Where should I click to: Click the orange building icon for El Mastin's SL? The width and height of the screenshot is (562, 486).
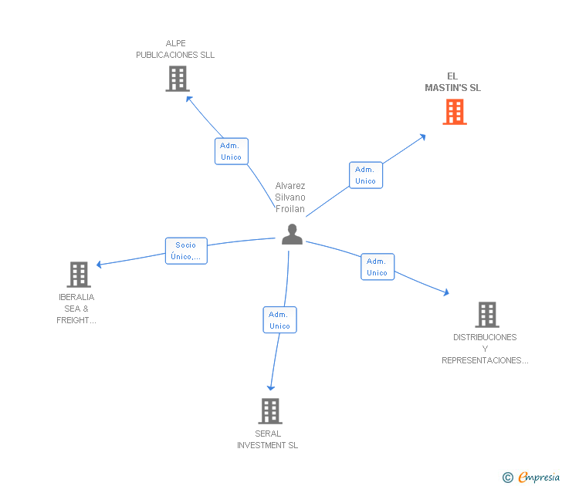tap(455, 112)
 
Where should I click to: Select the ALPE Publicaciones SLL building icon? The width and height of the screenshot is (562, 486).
tap(178, 79)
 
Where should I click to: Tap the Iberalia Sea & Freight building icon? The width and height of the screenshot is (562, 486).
tap(79, 275)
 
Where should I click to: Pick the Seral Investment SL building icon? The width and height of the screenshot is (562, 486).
tap(269, 411)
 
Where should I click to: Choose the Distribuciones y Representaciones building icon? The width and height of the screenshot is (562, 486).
tap(486, 315)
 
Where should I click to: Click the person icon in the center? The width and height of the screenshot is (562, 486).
tap(292, 234)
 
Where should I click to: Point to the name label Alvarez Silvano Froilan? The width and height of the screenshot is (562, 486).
tap(290, 197)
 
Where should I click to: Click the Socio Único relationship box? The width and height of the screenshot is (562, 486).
tap(186, 251)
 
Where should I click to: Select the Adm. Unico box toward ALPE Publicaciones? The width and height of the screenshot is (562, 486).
tap(231, 151)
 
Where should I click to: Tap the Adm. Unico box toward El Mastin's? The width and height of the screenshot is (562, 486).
tap(365, 175)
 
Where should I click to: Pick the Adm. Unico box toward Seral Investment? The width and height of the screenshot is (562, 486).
tap(279, 320)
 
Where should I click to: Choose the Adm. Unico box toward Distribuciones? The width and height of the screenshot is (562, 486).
tap(377, 267)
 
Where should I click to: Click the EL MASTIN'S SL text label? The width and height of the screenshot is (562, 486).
tap(452, 82)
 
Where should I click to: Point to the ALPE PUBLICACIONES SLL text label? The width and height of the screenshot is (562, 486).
tap(175, 49)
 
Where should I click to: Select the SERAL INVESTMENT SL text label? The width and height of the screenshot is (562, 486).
tap(267, 440)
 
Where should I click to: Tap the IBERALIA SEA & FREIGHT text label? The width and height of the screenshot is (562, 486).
tap(76, 309)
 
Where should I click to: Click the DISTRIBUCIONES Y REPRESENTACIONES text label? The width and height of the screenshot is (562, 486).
tap(485, 349)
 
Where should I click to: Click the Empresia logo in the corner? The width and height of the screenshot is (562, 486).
tap(531, 478)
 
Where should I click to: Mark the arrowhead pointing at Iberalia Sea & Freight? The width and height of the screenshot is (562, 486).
tap(99, 265)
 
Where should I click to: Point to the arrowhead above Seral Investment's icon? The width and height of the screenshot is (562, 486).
tap(270, 388)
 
